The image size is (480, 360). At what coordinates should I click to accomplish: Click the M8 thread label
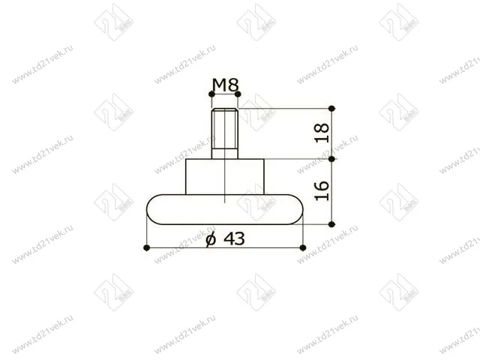tap(225, 85)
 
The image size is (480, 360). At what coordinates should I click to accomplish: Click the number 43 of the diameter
tap(232, 239)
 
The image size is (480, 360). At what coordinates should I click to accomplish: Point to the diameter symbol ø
tap(210, 239)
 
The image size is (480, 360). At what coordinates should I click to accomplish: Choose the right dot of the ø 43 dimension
tap(302, 247)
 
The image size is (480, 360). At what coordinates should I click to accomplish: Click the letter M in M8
tap(218, 85)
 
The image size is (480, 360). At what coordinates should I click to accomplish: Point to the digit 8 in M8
tap(232, 85)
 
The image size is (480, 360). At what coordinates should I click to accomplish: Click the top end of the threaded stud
tap(225, 111)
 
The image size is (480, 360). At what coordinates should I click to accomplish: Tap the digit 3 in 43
tap(239, 239)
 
